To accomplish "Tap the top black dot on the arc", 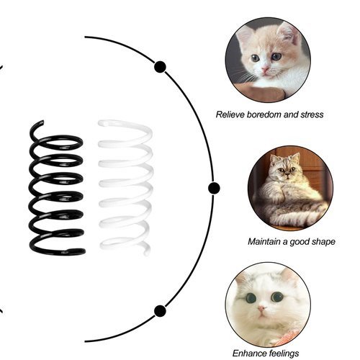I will (x=160, y=68).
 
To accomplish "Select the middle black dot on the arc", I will (x=214, y=189).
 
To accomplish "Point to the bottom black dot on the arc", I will (x=160, y=311).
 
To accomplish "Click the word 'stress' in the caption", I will (x=311, y=114).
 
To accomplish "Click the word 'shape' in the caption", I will (x=321, y=242).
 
